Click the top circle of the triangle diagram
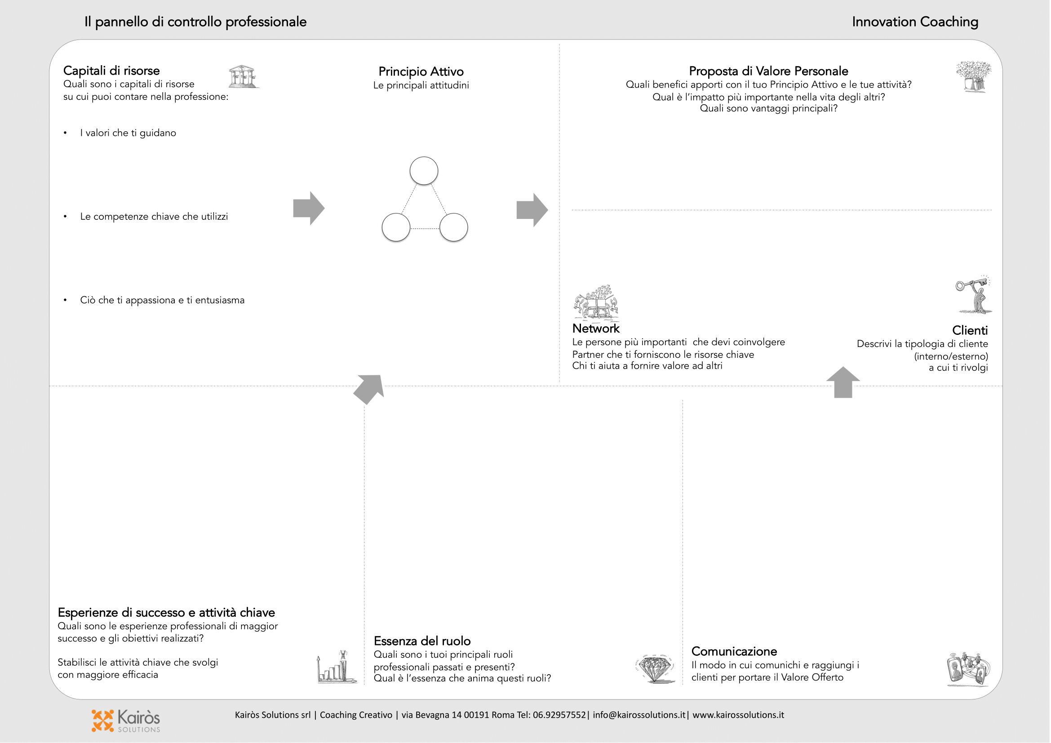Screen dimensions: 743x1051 (424, 171)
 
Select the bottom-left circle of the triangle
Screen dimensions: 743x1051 (396, 227)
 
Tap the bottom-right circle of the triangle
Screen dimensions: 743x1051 (454, 227)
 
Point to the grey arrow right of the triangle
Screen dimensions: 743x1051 (532, 210)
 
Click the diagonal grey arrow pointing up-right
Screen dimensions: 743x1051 (369, 389)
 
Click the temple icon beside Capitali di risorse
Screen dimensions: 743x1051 (243, 76)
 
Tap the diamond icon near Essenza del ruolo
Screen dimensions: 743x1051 (656, 669)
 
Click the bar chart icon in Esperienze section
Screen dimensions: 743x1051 (337, 667)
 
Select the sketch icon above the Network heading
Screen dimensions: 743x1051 (596, 302)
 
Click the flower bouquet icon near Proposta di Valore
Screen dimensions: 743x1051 (974, 76)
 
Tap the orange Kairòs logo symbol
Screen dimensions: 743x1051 (102, 721)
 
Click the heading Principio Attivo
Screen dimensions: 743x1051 (421, 71)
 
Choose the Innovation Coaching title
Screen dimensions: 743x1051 (915, 22)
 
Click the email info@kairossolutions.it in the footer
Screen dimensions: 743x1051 (639, 715)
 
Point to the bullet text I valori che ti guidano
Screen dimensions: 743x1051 (128, 133)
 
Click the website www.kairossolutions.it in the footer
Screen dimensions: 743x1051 (738, 715)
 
